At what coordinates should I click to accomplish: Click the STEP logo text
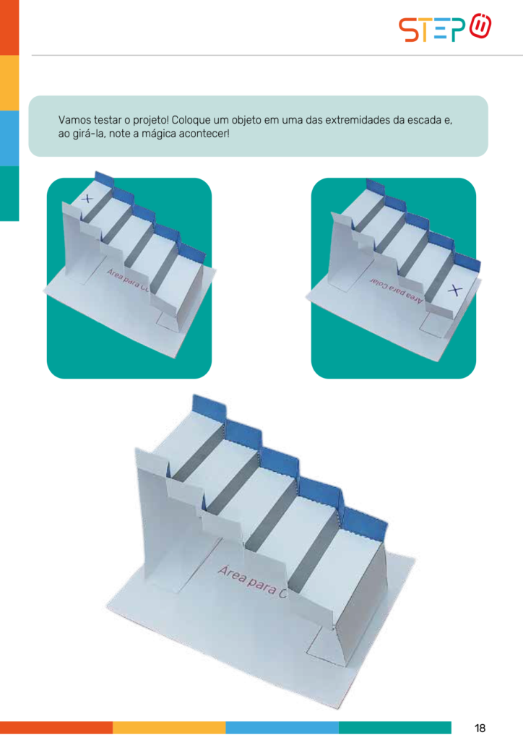(432, 30)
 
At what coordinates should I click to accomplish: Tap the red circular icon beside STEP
(480, 27)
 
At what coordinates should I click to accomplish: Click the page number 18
(480, 728)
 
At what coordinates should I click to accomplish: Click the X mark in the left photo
(86, 199)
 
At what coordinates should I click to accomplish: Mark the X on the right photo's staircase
(454, 291)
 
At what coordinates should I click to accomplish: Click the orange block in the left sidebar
(9, 27)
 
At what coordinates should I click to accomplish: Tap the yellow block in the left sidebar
(9, 83)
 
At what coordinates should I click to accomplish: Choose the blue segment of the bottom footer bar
(282, 727)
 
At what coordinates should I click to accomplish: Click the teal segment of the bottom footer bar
(394, 727)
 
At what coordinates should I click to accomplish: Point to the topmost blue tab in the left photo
(104, 178)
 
